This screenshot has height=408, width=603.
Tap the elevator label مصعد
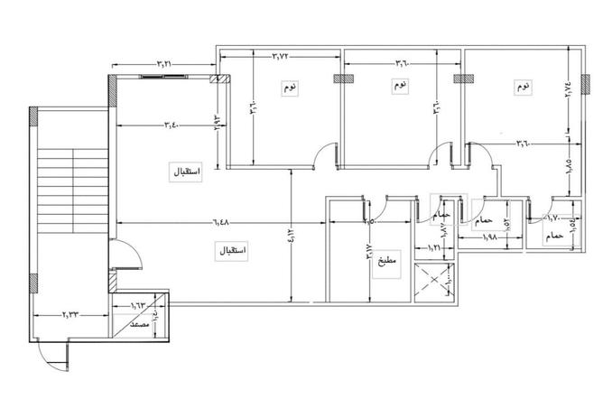[x=140, y=322]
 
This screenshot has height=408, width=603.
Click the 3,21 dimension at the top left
[x=163, y=64]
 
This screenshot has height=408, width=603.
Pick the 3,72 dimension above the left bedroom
[x=281, y=57]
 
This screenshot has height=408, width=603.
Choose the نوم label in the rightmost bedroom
[x=523, y=88]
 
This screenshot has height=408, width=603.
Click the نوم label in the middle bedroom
[x=398, y=87]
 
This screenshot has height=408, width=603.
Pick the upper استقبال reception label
[x=188, y=172]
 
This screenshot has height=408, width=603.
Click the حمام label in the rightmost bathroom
[x=554, y=236]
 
